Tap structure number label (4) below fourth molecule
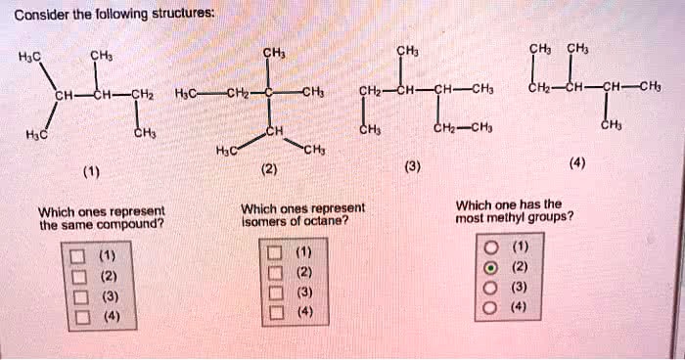583,162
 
